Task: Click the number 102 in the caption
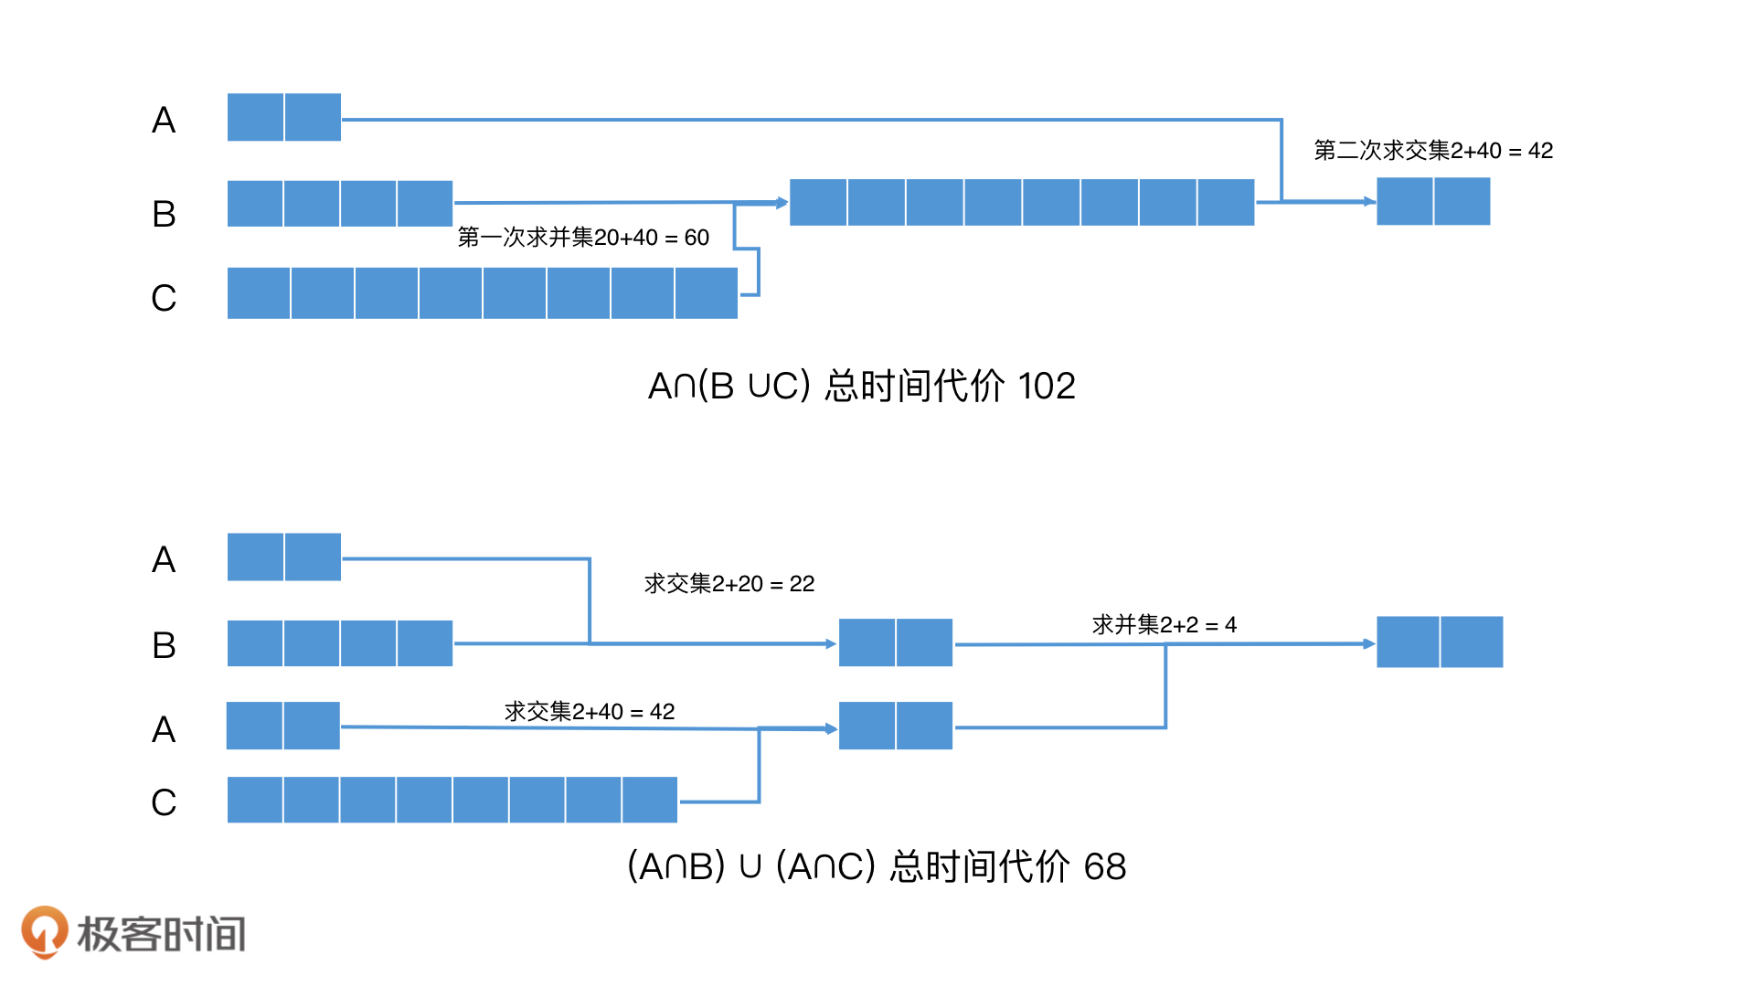coord(1047,386)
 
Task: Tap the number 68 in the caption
coord(1105,866)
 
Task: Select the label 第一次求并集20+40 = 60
coord(583,238)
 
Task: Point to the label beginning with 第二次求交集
coord(1433,151)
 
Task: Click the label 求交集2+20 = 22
coord(729,584)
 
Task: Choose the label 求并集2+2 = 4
coord(1164,625)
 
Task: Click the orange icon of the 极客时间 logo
coord(44,931)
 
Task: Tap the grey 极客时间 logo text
coord(162,934)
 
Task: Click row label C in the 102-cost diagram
coord(164,298)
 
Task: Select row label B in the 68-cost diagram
coord(164,645)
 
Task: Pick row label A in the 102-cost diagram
coord(164,120)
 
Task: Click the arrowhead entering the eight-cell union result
coord(782,203)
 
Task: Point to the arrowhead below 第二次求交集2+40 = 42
coord(1369,202)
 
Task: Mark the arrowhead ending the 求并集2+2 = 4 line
coord(1369,644)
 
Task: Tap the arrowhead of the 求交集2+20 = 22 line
coord(831,644)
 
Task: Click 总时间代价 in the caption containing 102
coord(914,386)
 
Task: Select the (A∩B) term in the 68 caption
coord(676,866)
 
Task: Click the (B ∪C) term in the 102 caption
coord(754,386)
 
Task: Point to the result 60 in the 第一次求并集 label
coord(697,238)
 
